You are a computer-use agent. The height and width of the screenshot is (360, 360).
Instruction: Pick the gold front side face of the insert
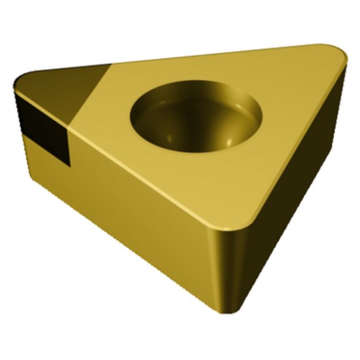tap(131, 209)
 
